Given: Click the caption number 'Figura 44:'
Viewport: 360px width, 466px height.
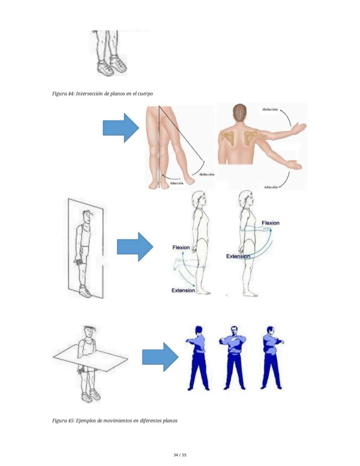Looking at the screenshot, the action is tap(63, 94).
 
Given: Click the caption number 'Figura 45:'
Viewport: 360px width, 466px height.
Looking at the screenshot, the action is tap(63, 420).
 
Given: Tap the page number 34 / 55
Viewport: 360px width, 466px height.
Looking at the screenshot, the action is tap(180, 455).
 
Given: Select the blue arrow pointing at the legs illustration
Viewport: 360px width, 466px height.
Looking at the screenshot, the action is tap(121, 128).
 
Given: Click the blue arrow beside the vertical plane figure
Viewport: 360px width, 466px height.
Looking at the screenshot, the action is tap(135, 247).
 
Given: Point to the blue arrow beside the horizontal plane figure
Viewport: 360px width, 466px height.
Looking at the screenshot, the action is tap(160, 357).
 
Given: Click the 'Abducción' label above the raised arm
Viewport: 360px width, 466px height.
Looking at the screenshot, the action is tap(270, 109).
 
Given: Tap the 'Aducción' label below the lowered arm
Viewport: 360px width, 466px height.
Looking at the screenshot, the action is tap(270, 187).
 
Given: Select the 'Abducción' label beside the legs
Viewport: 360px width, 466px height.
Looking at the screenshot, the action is tap(207, 174).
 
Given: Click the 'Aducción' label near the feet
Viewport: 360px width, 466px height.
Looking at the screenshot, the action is tap(177, 183).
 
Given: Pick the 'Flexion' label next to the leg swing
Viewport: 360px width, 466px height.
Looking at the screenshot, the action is tap(181, 248).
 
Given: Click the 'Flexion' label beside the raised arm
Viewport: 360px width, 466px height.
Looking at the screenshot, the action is tap(270, 223).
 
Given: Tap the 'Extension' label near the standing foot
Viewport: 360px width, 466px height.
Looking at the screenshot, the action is tap(183, 290).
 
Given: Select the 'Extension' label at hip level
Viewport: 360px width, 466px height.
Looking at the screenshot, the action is tap(238, 256).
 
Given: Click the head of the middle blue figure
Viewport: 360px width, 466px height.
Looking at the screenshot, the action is tap(234, 330).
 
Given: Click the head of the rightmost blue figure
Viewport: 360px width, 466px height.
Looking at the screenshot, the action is tap(270, 331).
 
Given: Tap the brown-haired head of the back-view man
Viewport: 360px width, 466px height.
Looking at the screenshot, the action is tap(240, 112).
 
